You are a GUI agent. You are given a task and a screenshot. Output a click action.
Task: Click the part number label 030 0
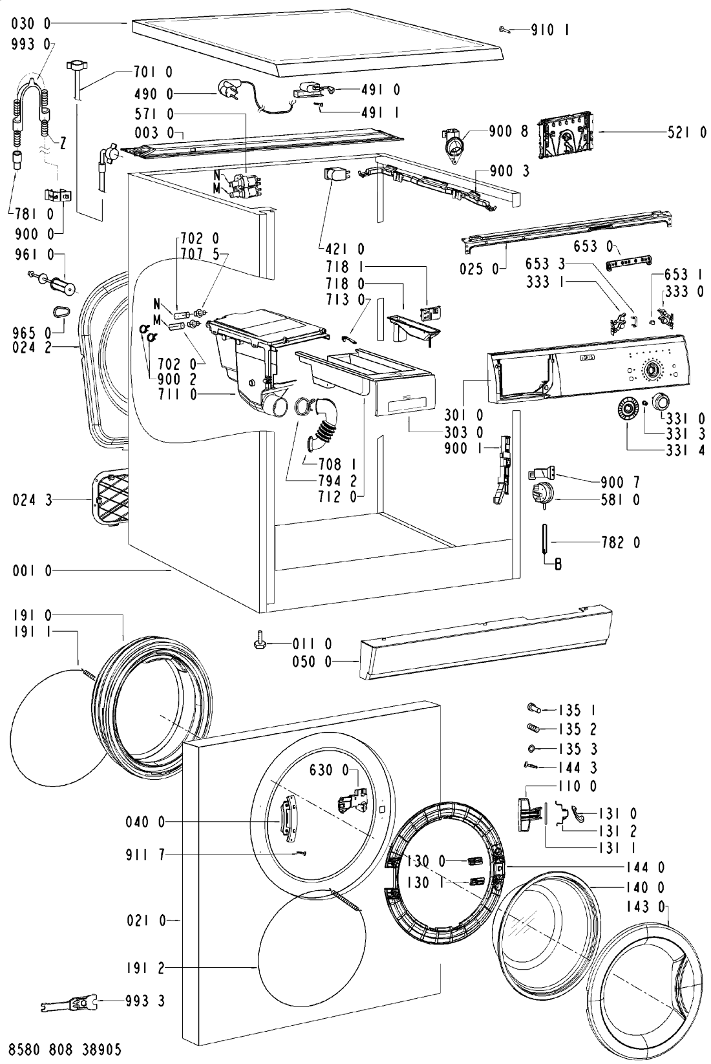click(31, 23)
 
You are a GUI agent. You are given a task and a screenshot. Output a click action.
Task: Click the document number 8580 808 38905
click(65, 1048)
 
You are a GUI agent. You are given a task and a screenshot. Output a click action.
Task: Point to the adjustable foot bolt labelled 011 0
click(260, 640)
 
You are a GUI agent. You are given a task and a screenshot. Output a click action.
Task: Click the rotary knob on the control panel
click(651, 369)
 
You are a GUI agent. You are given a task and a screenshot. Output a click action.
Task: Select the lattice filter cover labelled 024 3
click(111, 497)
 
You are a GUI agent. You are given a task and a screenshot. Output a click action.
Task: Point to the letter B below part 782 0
click(558, 564)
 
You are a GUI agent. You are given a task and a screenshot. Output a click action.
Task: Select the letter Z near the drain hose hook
click(63, 143)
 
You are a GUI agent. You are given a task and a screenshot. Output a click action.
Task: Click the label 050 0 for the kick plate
click(312, 661)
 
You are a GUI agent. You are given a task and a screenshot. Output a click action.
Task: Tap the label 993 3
click(145, 1001)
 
